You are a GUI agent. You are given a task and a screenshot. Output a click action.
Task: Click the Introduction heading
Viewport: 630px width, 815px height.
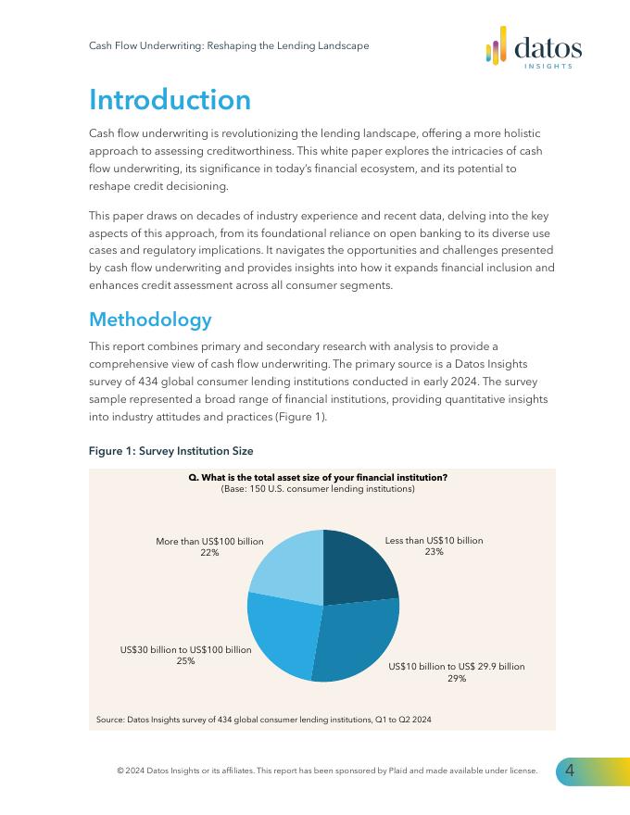pyautogui.click(x=170, y=100)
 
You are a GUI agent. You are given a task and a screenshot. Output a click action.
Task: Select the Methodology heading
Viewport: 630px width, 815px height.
pyautogui.click(x=150, y=320)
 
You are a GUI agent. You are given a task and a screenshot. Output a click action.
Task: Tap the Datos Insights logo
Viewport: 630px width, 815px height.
pyautogui.click(x=534, y=47)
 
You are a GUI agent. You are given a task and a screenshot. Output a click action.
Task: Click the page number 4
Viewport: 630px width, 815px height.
pyautogui.click(x=570, y=771)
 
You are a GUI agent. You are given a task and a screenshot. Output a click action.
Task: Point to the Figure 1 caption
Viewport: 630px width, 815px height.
pyautogui.click(x=170, y=451)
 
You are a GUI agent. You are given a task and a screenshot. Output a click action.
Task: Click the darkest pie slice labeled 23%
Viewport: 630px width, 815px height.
pyautogui.click(x=357, y=569)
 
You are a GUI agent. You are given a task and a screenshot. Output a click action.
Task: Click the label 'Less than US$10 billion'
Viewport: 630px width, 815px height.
pyautogui.click(x=434, y=540)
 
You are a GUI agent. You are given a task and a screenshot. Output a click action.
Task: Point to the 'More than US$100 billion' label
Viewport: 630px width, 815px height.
pyautogui.click(x=209, y=541)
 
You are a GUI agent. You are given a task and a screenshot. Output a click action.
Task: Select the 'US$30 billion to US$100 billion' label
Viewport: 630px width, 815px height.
pyautogui.click(x=185, y=650)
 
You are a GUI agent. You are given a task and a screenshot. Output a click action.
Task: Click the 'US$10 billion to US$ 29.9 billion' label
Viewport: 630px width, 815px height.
pyautogui.click(x=456, y=666)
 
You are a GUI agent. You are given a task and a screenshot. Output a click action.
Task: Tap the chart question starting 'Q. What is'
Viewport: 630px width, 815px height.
pyautogui.click(x=318, y=477)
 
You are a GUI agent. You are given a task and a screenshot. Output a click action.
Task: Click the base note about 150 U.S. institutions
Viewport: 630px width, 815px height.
pyautogui.click(x=318, y=488)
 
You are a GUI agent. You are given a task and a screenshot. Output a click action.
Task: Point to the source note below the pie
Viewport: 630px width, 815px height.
pyautogui.click(x=263, y=720)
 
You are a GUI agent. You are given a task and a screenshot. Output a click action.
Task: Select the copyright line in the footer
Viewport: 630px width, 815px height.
pyautogui.click(x=327, y=771)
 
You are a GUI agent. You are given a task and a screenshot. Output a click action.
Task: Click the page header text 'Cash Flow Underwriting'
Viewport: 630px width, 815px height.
pyautogui.click(x=228, y=45)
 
